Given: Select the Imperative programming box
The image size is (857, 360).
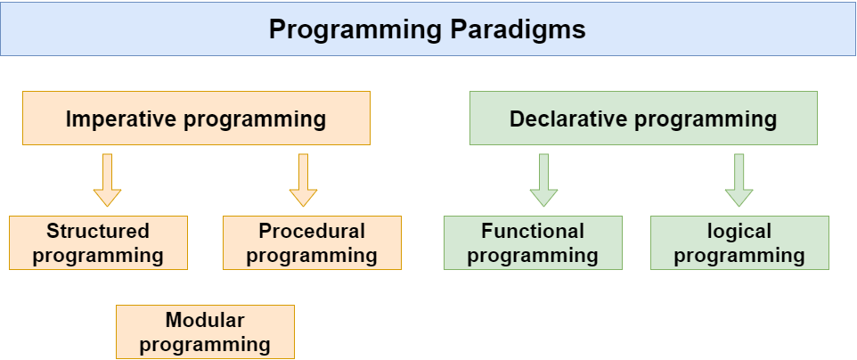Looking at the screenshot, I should [x=196, y=119].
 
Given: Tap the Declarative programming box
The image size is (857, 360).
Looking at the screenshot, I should [x=643, y=119].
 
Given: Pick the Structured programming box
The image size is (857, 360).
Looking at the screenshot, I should [x=98, y=242].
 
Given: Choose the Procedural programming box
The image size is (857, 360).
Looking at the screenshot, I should [x=312, y=242].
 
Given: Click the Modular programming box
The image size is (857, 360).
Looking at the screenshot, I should [x=205, y=331].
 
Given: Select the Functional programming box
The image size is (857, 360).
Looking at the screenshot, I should [x=533, y=242].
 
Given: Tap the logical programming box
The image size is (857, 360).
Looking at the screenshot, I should [x=739, y=242].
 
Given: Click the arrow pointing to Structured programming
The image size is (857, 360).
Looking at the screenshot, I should [x=107, y=180].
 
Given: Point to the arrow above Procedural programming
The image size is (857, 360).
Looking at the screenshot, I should [x=303, y=180].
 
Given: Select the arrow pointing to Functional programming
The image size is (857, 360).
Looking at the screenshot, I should [x=543, y=180].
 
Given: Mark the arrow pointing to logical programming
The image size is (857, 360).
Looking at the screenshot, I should [x=739, y=180].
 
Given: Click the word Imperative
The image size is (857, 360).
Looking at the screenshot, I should [x=123, y=119].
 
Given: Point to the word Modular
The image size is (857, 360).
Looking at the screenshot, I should [x=205, y=320].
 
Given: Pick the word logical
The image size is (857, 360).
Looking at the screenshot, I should [x=739, y=232].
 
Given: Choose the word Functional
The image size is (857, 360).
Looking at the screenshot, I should [x=533, y=232].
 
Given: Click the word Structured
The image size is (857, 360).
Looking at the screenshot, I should [x=98, y=232].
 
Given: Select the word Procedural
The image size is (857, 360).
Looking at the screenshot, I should [x=312, y=232].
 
